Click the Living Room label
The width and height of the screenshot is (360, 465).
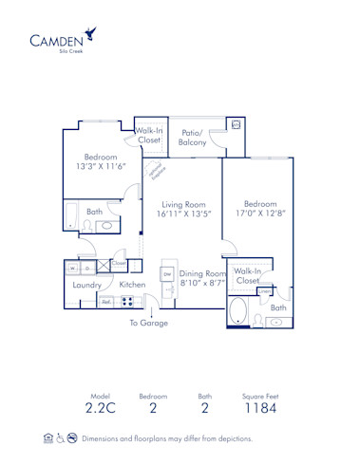pos(184,204)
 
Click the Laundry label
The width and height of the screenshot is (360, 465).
pos(88,285)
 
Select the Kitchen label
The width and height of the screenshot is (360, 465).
pos(132,284)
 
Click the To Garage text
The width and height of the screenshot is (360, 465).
pos(149,324)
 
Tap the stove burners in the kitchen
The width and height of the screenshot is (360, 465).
pos(128,302)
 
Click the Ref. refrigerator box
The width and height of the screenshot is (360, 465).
pos(106,302)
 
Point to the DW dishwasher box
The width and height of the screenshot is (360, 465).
pos(166,273)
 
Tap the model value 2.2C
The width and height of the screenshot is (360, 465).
pos(101,410)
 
